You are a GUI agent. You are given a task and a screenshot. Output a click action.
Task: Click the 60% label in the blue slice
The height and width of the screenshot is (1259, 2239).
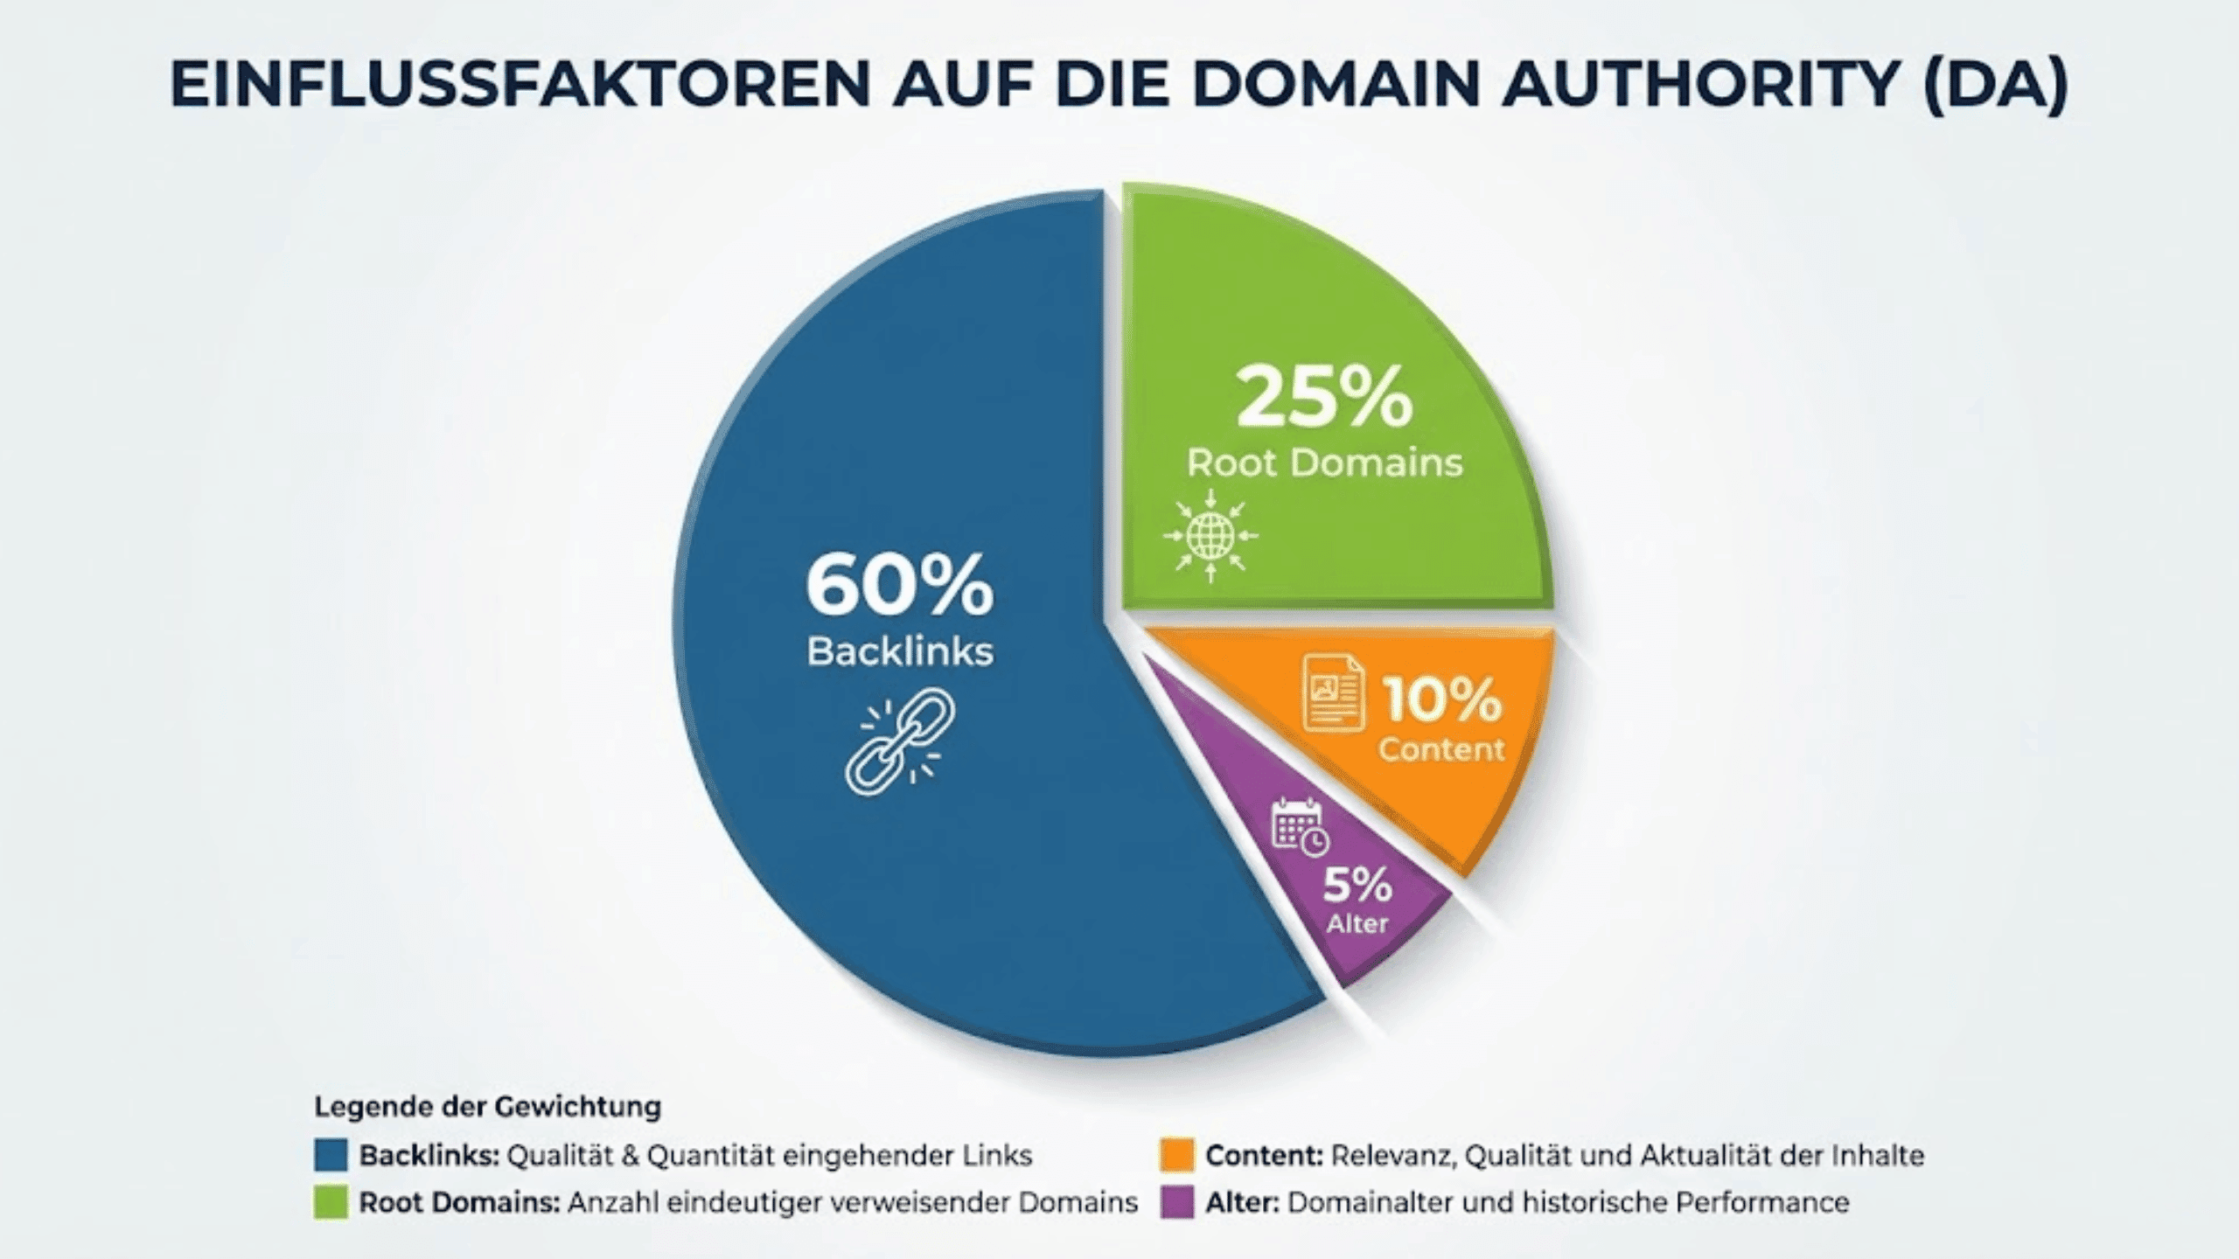click(899, 587)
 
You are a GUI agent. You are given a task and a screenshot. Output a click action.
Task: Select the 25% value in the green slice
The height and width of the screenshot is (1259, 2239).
click(1324, 399)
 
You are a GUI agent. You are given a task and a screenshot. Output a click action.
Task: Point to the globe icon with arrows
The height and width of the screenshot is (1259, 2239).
click(1210, 535)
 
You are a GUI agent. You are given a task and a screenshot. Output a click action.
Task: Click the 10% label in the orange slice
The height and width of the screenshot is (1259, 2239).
click(1442, 699)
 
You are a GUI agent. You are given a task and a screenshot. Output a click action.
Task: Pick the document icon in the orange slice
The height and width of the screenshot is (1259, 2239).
click(1334, 692)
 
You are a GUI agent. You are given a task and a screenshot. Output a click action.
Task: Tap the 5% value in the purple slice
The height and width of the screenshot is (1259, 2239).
click(1357, 885)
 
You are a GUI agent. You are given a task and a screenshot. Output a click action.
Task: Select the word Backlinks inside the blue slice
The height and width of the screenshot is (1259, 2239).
click(899, 652)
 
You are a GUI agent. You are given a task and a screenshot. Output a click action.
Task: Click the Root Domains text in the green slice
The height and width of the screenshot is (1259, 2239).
click(1324, 463)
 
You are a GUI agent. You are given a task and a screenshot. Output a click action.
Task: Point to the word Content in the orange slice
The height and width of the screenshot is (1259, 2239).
click(1441, 749)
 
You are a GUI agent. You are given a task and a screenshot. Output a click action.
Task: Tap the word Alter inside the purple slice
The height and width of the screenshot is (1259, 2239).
click(1357, 924)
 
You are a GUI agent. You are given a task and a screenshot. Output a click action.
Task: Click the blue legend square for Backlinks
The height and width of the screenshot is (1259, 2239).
click(331, 1155)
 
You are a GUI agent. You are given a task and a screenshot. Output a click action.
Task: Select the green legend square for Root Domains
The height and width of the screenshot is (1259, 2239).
click(331, 1203)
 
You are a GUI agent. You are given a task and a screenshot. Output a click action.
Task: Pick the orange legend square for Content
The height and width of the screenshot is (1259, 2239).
click(1176, 1155)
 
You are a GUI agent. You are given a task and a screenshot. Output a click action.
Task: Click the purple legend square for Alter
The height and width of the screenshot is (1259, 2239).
click(1176, 1203)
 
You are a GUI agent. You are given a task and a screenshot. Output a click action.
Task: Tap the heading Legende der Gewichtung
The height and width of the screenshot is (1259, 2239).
click(488, 1107)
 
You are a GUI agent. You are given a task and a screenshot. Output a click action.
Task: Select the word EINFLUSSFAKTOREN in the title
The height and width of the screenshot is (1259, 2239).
click(520, 85)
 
